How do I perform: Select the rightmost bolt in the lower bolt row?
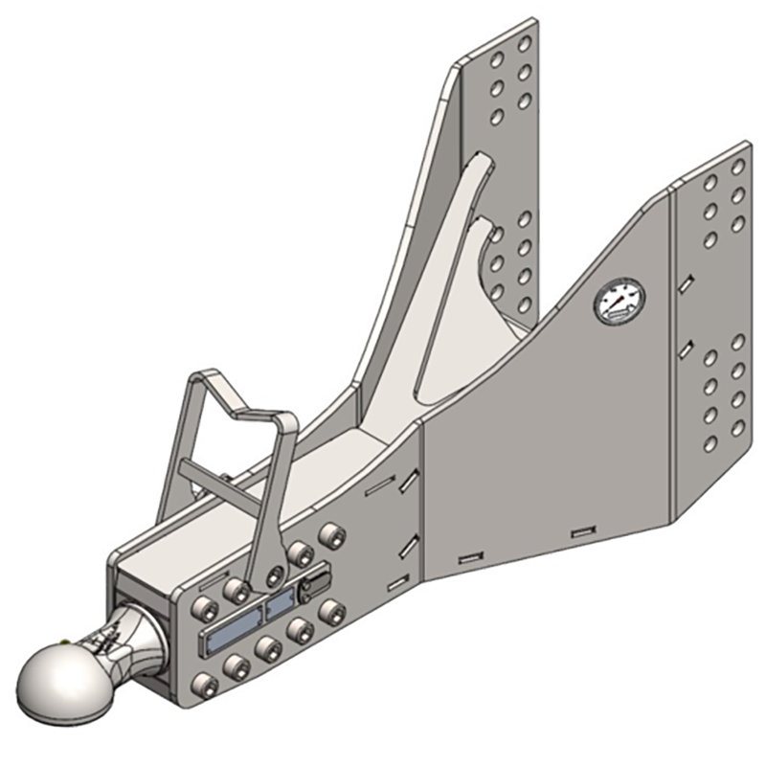pos(333,610)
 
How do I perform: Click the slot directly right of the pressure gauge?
pos(686,284)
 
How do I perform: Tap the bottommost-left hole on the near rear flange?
pos(710,442)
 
